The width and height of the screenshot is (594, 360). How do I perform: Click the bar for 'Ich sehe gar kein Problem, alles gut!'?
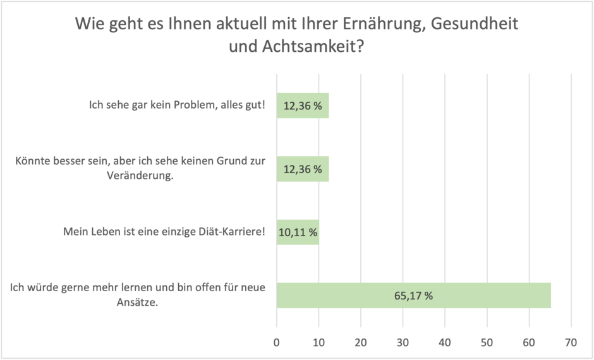click(x=303, y=105)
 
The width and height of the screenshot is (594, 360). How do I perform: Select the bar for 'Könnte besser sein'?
click(x=303, y=169)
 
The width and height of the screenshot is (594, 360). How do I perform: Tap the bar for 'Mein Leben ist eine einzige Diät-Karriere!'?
click(x=298, y=232)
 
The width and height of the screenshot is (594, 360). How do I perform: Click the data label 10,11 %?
click(x=298, y=232)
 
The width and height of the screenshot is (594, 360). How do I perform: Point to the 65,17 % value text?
click(x=414, y=296)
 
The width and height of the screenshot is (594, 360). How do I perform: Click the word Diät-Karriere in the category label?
click(x=234, y=232)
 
